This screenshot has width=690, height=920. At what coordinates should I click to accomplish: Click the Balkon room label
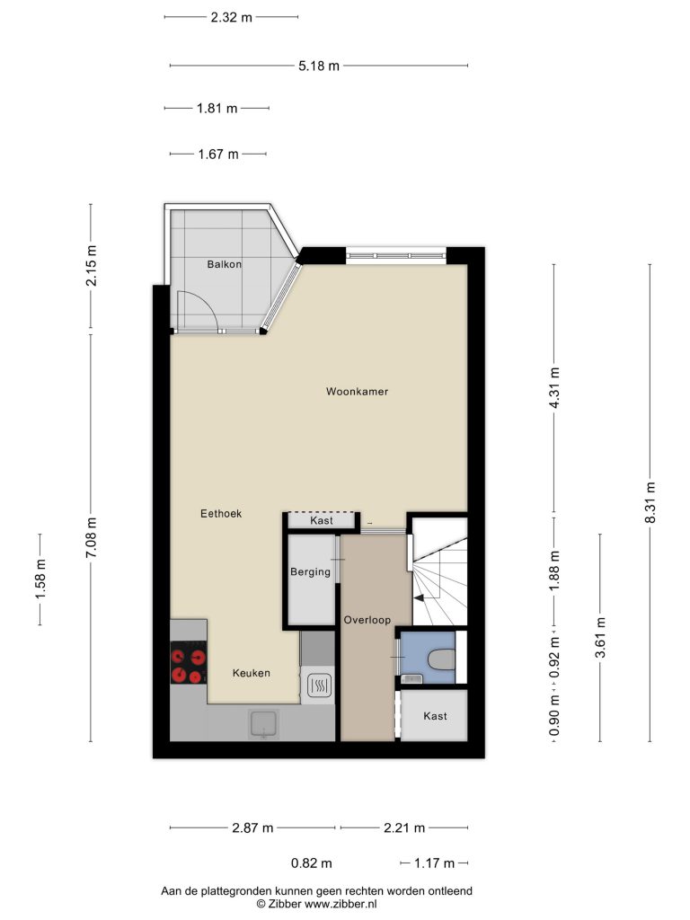(224, 264)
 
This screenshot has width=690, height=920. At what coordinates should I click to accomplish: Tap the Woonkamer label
(357, 392)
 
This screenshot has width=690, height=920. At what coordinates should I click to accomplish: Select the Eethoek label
(221, 513)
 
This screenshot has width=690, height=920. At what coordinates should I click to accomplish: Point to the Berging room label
(310, 572)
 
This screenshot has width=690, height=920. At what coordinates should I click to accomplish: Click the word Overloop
(367, 620)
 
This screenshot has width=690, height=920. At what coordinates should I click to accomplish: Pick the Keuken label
(252, 673)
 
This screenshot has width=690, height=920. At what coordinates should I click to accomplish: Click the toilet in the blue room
(441, 659)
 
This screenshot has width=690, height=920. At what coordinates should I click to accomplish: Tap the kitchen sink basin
(263, 723)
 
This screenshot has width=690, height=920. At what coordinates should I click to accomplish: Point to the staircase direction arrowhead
(419, 597)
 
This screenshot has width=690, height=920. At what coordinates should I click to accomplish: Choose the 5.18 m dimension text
(319, 66)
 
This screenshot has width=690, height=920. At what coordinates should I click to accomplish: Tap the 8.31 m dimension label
(650, 503)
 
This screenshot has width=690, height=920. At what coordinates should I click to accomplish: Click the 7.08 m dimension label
(91, 538)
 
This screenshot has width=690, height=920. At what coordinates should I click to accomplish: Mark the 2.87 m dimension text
(252, 827)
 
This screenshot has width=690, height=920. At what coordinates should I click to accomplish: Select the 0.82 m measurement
(312, 863)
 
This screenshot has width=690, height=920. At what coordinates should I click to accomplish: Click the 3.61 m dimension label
(600, 638)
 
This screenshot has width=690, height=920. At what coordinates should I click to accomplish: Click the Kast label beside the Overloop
(435, 716)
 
